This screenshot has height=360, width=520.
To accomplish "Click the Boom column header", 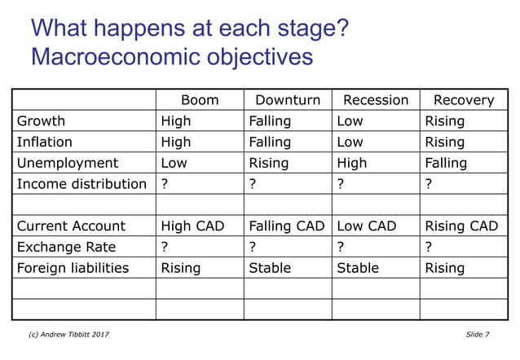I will pyautogui.click(x=200, y=100).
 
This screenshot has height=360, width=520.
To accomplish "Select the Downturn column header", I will pyautogui.click(x=288, y=100).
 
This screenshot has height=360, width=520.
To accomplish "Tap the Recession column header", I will pyautogui.click(x=376, y=100).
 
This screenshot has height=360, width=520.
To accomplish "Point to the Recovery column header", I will pyautogui.click(x=463, y=100).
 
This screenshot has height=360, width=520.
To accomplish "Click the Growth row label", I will pyautogui.click(x=41, y=121).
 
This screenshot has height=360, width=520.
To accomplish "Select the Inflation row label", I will pyautogui.click(x=45, y=143).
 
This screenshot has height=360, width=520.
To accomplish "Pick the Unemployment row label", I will pyautogui.click(x=67, y=163).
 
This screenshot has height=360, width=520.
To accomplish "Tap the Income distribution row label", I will pyautogui.click(x=82, y=184).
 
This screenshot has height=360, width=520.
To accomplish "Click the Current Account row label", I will pyautogui.click(x=71, y=226).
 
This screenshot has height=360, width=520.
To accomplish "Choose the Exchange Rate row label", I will pyautogui.click(x=66, y=247).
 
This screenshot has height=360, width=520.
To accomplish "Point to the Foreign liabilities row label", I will pyautogui.click(x=73, y=268).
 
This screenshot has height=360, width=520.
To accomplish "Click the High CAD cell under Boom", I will pyautogui.click(x=192, y=226).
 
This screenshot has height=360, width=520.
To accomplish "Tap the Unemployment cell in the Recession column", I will pyautogui.click(x=352, y=163).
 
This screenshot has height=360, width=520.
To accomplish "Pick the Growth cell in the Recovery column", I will pyautogui.click(x=444, y=121).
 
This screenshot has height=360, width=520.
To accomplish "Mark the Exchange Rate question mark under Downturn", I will pyautogui.click(x=253, y=247).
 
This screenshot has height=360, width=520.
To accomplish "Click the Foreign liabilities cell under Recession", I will pyautogui.click(x=358, y=268).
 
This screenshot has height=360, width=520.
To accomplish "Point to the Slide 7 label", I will pyautogui.click(x=478, y=335).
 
